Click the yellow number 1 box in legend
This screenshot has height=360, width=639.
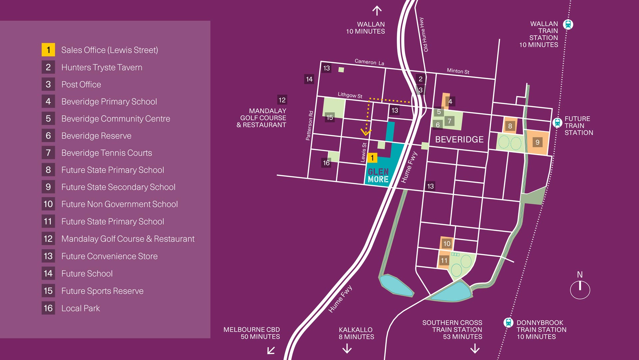coord(48,50)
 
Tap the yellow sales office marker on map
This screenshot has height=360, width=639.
coord(372,158)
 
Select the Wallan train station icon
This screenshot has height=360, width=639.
coord(568,24)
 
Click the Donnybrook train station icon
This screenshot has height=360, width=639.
coord(508,322)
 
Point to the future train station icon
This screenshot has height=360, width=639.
coord(557,123)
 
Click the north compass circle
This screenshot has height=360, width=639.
coord(580,290)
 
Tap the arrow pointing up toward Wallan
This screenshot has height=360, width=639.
coord(377,11)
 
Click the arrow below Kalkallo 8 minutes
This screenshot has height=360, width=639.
coord(347,348)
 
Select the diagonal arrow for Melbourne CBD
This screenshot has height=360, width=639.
coord(271,350)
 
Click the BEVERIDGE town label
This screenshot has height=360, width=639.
coord(459,140)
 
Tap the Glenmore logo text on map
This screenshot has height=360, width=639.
coord(378,176)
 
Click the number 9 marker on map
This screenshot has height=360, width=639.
coord(537,143)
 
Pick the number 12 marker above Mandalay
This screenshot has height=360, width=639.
coord(282,100)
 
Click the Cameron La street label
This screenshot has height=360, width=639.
coord(369,62)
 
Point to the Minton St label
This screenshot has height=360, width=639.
coord(458,71)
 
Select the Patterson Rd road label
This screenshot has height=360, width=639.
coord(310,126)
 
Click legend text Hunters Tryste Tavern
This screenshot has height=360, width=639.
coord(102,67)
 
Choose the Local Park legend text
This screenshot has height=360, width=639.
coord(81,308)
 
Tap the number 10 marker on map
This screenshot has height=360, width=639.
coord(447,243)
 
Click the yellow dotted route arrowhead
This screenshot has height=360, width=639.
coord(366,133)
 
